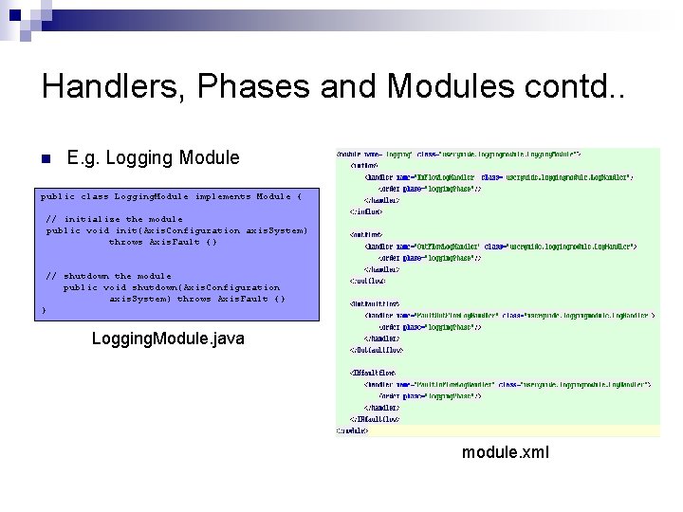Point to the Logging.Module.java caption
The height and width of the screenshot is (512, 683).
(168, 338)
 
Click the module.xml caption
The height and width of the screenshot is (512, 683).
(505, 451)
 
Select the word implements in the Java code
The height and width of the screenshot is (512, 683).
(222, 196)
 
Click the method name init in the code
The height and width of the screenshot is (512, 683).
(126, 230)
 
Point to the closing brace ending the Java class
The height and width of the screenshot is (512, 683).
(44, 310)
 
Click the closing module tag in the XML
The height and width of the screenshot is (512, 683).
(354, 430)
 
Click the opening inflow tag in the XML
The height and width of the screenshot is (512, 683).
(363, 164)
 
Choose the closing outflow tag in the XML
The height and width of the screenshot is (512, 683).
(367, 281)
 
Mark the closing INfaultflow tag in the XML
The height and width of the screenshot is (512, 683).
(376, 419)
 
